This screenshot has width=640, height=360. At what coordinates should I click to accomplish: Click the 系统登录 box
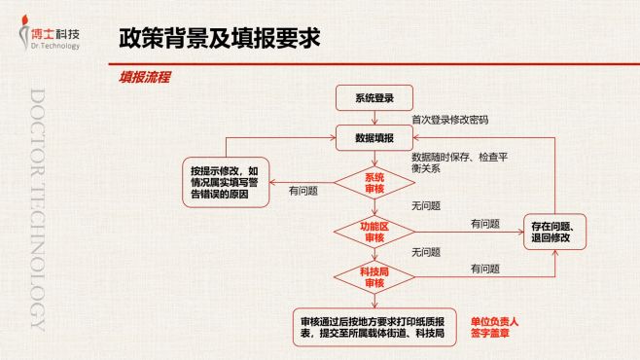(x=374, y=98)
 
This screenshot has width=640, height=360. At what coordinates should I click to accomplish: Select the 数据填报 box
(x=374, y=138)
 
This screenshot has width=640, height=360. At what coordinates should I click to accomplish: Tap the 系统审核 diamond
(x=374, y=183)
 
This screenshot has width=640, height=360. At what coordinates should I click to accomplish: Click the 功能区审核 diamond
(x=374, y=233)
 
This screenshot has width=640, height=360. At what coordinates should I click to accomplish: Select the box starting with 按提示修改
(x=225, y=182)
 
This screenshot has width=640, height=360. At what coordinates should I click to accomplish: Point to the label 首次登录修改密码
(x=449, y=120)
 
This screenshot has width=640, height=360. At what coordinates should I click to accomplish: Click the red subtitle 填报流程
(x=144, y=77)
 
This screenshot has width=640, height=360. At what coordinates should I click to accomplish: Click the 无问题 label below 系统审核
(x=426, y=205)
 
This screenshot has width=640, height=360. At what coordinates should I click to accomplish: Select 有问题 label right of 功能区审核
(x=484, y=224)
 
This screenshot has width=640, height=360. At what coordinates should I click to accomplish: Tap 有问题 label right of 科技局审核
(x=484, y=269)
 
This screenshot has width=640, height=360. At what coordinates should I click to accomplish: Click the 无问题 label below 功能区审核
(x=426, y=252)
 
